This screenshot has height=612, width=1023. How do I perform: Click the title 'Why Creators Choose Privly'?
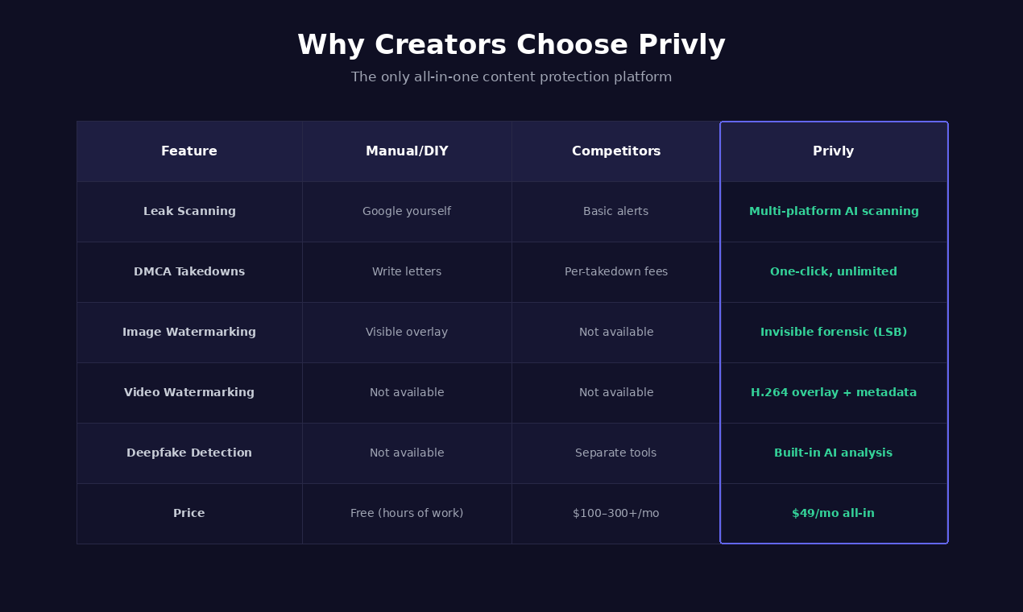(x=511, y=45)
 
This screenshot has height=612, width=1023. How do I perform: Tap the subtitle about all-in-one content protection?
(x=511, y=77)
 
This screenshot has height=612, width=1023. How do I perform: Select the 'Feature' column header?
(x=189, y=151)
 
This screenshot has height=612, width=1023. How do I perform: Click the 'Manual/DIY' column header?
(x=407, y=151)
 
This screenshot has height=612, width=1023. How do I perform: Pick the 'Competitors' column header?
(x=616, y=151)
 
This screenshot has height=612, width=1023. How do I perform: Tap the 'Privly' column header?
(x=834, y=151)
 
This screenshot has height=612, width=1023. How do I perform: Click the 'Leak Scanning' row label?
(x=189, y=212)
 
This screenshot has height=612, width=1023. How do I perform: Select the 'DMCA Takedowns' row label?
(x=189, y=272)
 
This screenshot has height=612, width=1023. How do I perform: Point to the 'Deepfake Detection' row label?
(x=189, y=453)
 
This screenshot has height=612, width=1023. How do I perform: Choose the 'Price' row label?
(x=189, y=514)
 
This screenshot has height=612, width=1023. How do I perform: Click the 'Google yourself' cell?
(x=407, y=212)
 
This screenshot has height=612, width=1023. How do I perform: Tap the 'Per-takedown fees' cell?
(x=616, y=272)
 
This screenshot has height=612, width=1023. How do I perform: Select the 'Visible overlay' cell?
(x=407, y=333)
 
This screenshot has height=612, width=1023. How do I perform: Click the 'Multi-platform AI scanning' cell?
(x=834, y=212)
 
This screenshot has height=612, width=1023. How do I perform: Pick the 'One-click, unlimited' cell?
(x=834, y=272)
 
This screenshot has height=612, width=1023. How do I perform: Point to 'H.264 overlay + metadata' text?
(x=834, y=393)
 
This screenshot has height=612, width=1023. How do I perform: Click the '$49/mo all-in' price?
(x=834, y=514)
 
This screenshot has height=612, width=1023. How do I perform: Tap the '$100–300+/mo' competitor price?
(x=616, y=514)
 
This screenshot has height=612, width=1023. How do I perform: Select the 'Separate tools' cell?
(x=616, y=453)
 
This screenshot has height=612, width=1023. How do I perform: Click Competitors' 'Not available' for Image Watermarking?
(x=616, y=333)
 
